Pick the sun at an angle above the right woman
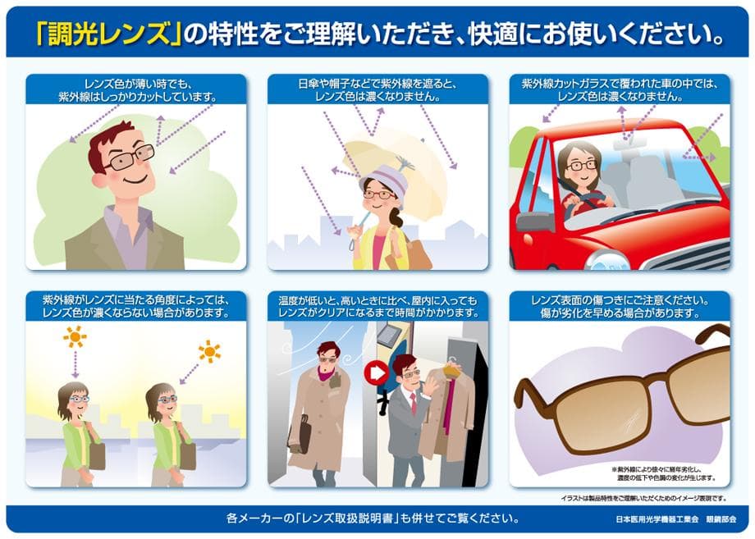pyautogui.click(x=210, y=352)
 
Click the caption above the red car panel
pyautogui.click(x=620, y=89)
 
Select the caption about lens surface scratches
pyautogui.click(x=620, y=307)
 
